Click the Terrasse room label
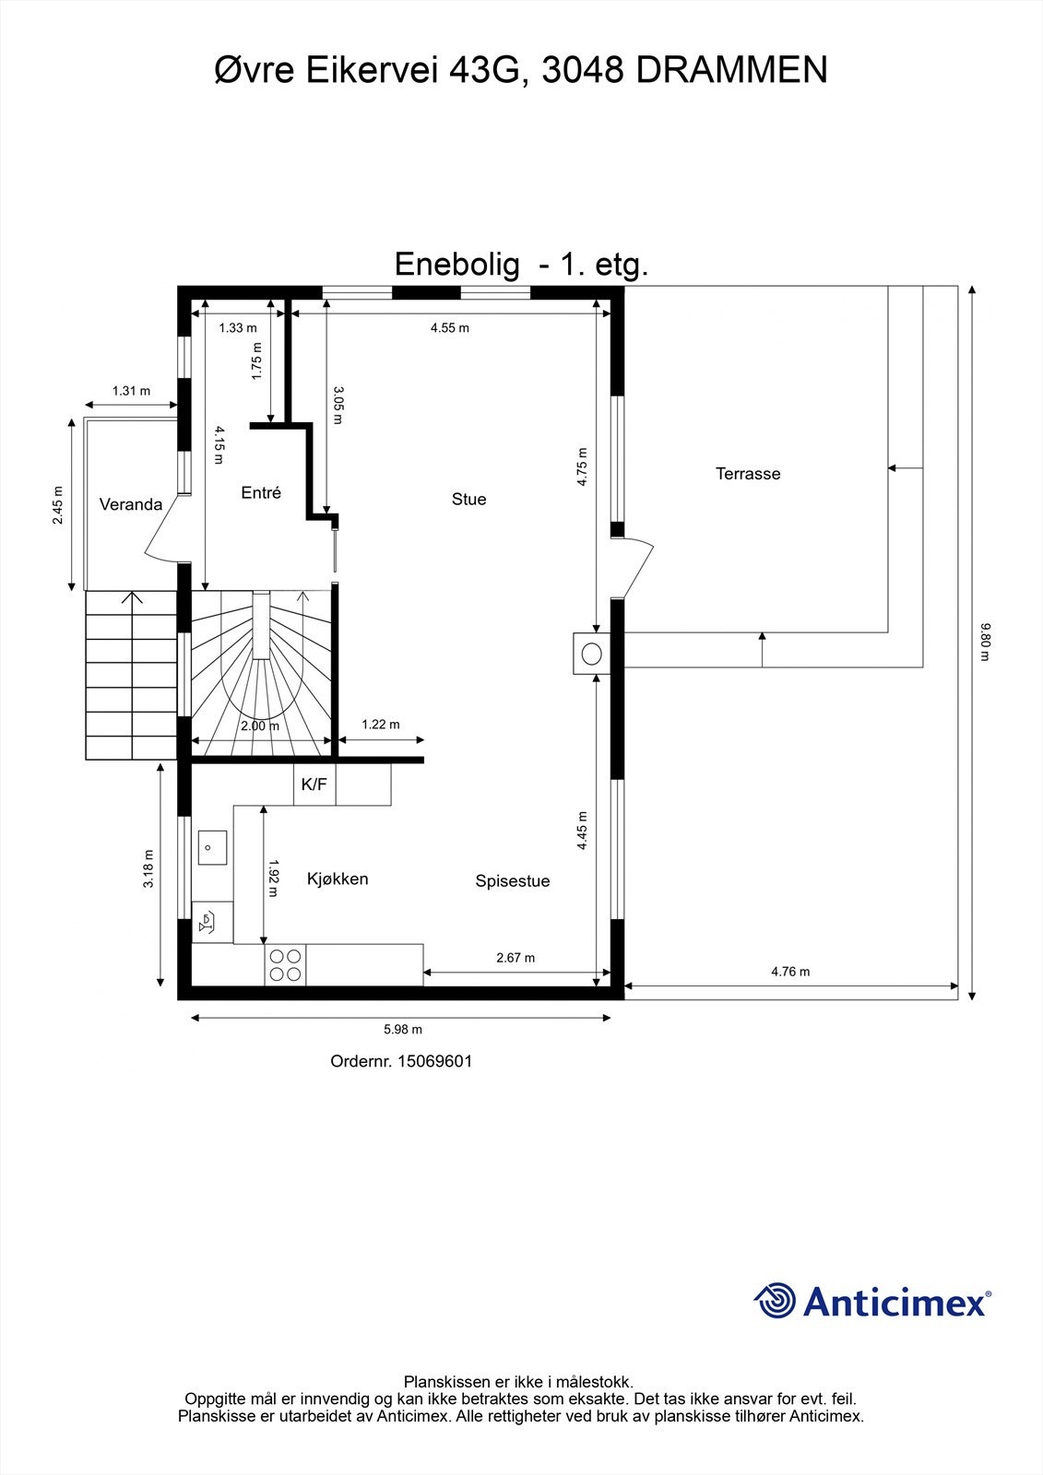(x=748, y=474)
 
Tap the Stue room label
(x=468, y=499)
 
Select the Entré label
(x=261, y=493)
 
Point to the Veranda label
(x=131, y=504)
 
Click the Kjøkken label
(x=338, y=879)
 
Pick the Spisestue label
(x=513, y=881)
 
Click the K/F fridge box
(x=314, y=785)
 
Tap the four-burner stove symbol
(x=285, y=965)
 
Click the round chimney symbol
(x=591, y=654)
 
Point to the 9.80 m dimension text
(x=986, y=643)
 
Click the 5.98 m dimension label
(x=403, y=1030)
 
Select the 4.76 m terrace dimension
(x=790, y=972)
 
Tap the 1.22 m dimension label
(x=381, y=725)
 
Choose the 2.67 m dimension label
(x=516, y=958)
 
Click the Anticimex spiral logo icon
(x=775, y=1302)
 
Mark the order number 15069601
(x=434, y=1061)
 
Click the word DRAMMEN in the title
(x=732, y=70)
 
